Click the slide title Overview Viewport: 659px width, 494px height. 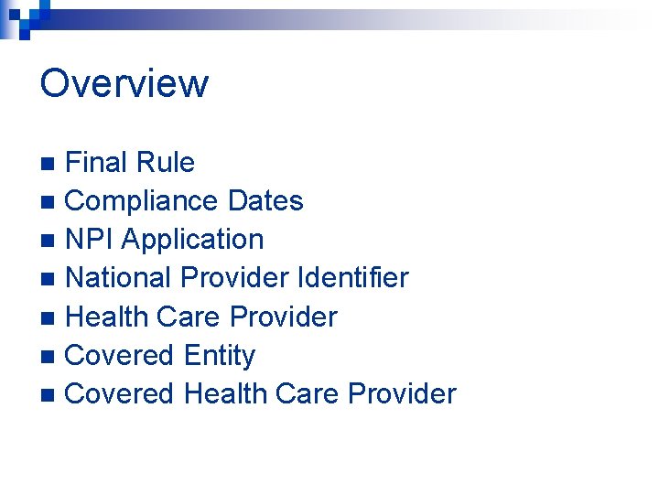(x=124, y=83)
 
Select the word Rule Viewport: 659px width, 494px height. (x=167, y=163)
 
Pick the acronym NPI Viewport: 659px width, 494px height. (x=90, y=240)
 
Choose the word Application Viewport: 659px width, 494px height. (x=192, y=241)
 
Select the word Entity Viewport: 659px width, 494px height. (x=220, y=355)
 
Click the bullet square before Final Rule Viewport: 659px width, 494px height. (x=52, y=165)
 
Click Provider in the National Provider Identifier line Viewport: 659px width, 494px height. (x=239, y=277)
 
